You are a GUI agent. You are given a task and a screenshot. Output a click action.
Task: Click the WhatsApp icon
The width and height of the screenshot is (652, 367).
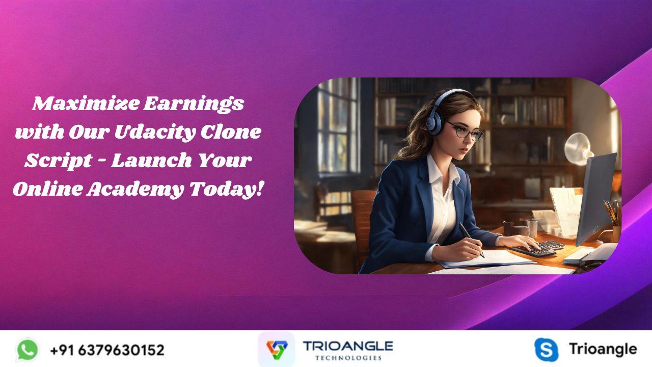(28, 350)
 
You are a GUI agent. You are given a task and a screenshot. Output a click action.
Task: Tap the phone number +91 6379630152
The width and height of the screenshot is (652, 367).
(107, 350)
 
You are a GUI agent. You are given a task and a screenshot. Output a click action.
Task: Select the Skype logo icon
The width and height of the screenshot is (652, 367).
(547, 350)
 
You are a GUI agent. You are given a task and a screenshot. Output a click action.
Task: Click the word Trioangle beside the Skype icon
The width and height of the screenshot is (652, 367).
(603, 350)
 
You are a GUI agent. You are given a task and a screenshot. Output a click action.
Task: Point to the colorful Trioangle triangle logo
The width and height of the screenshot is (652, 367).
(277, 350)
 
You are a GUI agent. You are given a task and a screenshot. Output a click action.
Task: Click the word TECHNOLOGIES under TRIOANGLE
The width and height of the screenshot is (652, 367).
(348, 358)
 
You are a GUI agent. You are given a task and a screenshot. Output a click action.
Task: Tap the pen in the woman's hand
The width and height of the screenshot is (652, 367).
(471, 240)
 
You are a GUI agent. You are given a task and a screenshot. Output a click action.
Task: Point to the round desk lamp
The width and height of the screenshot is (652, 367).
(578, 149)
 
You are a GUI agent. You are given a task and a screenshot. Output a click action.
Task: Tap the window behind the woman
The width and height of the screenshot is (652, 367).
(338, 125)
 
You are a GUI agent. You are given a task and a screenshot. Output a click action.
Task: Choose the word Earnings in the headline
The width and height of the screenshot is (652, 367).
(194, 103)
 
